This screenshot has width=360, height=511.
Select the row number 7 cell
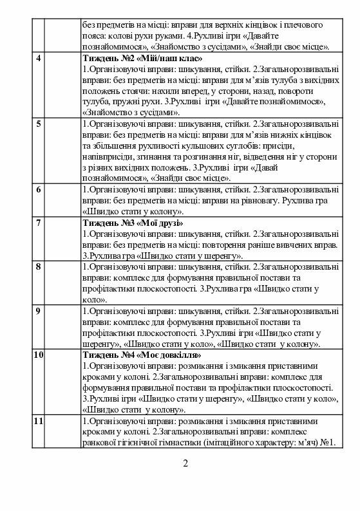pyautogui.click(x=39, y=223)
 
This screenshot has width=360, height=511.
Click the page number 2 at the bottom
pyautogui.click(x=185, y=464)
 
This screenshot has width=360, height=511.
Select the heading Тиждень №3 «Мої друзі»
pyautogui.click(x=133, y=223)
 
